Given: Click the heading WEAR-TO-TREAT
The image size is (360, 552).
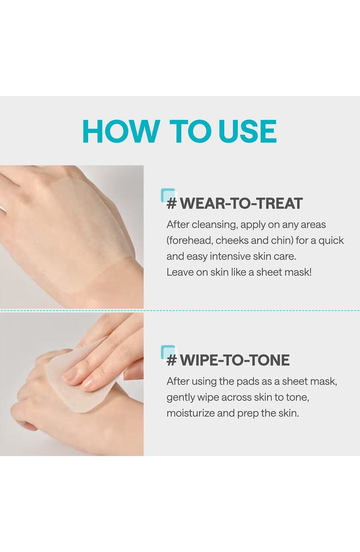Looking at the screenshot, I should point(241,203).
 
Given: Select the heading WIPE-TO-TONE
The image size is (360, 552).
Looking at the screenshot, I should point(234,360).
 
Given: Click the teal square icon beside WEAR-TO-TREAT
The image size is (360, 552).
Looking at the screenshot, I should point(168,195).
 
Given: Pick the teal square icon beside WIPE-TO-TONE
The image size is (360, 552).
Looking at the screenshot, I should point(168,352).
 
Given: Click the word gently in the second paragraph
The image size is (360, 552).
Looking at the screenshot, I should point(180,397).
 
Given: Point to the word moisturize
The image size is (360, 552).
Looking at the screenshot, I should point(190,413).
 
